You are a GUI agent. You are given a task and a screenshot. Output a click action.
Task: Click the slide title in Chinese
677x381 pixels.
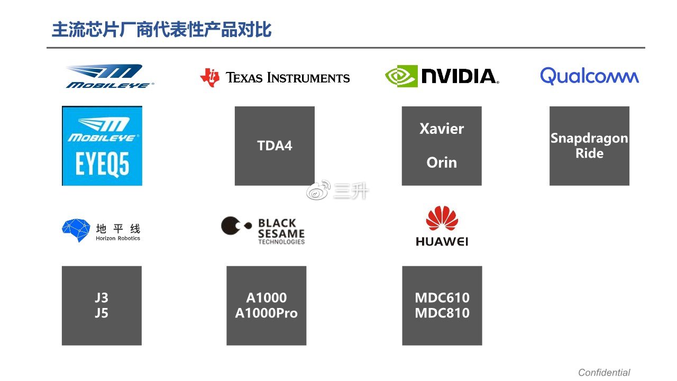pyautogui.click(x=161, y=30)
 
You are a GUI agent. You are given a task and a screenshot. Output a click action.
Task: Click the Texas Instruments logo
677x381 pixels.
pyautogui.click(x=275, y=78)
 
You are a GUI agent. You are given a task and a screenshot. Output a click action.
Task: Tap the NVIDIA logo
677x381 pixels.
pyautogui.click(x=442, y=76)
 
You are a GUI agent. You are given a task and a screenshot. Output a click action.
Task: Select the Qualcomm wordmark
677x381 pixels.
pyautogui.click(x=589, y=76)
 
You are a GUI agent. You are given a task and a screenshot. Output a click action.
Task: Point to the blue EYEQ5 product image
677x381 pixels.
pyautogui.click(x=102, y=146)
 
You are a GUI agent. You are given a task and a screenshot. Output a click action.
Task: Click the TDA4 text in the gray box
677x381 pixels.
pyautogui.click(x=275, y=146)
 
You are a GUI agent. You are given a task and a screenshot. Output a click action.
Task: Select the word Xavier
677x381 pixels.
pyautogui.click(x=442, y=129)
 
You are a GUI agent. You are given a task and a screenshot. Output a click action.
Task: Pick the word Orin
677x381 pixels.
pyautogui.click(x=442, y=162)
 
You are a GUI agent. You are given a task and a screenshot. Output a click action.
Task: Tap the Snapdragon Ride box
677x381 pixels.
pyautogui.click(x=589, y=146)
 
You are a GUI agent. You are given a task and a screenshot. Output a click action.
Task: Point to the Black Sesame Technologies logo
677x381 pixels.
pyautogui.click(x=263, y=231)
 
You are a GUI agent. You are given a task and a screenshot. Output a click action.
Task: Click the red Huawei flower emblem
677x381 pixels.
pyautogui.click(x=442, y=219)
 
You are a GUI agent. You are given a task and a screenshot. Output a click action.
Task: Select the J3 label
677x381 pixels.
pyautogui.click(x=102, y=298)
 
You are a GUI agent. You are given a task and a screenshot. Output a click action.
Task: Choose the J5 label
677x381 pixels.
pyautogui.click(x=102, y=313)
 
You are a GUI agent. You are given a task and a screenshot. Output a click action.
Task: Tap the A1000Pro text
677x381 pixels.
pyautogui.click(x=266, y=313)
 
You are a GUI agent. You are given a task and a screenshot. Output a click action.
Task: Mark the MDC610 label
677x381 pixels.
pyautogui.click(x=442, y=298)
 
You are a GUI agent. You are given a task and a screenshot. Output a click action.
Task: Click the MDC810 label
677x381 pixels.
pyautogui.click(x=442, y=313)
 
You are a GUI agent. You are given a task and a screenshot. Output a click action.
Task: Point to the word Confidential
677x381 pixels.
pyautogui.click(x=604, y=373)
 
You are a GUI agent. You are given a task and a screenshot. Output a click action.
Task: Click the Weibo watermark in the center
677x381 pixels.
pyautogui.click(x=337, y=191)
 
